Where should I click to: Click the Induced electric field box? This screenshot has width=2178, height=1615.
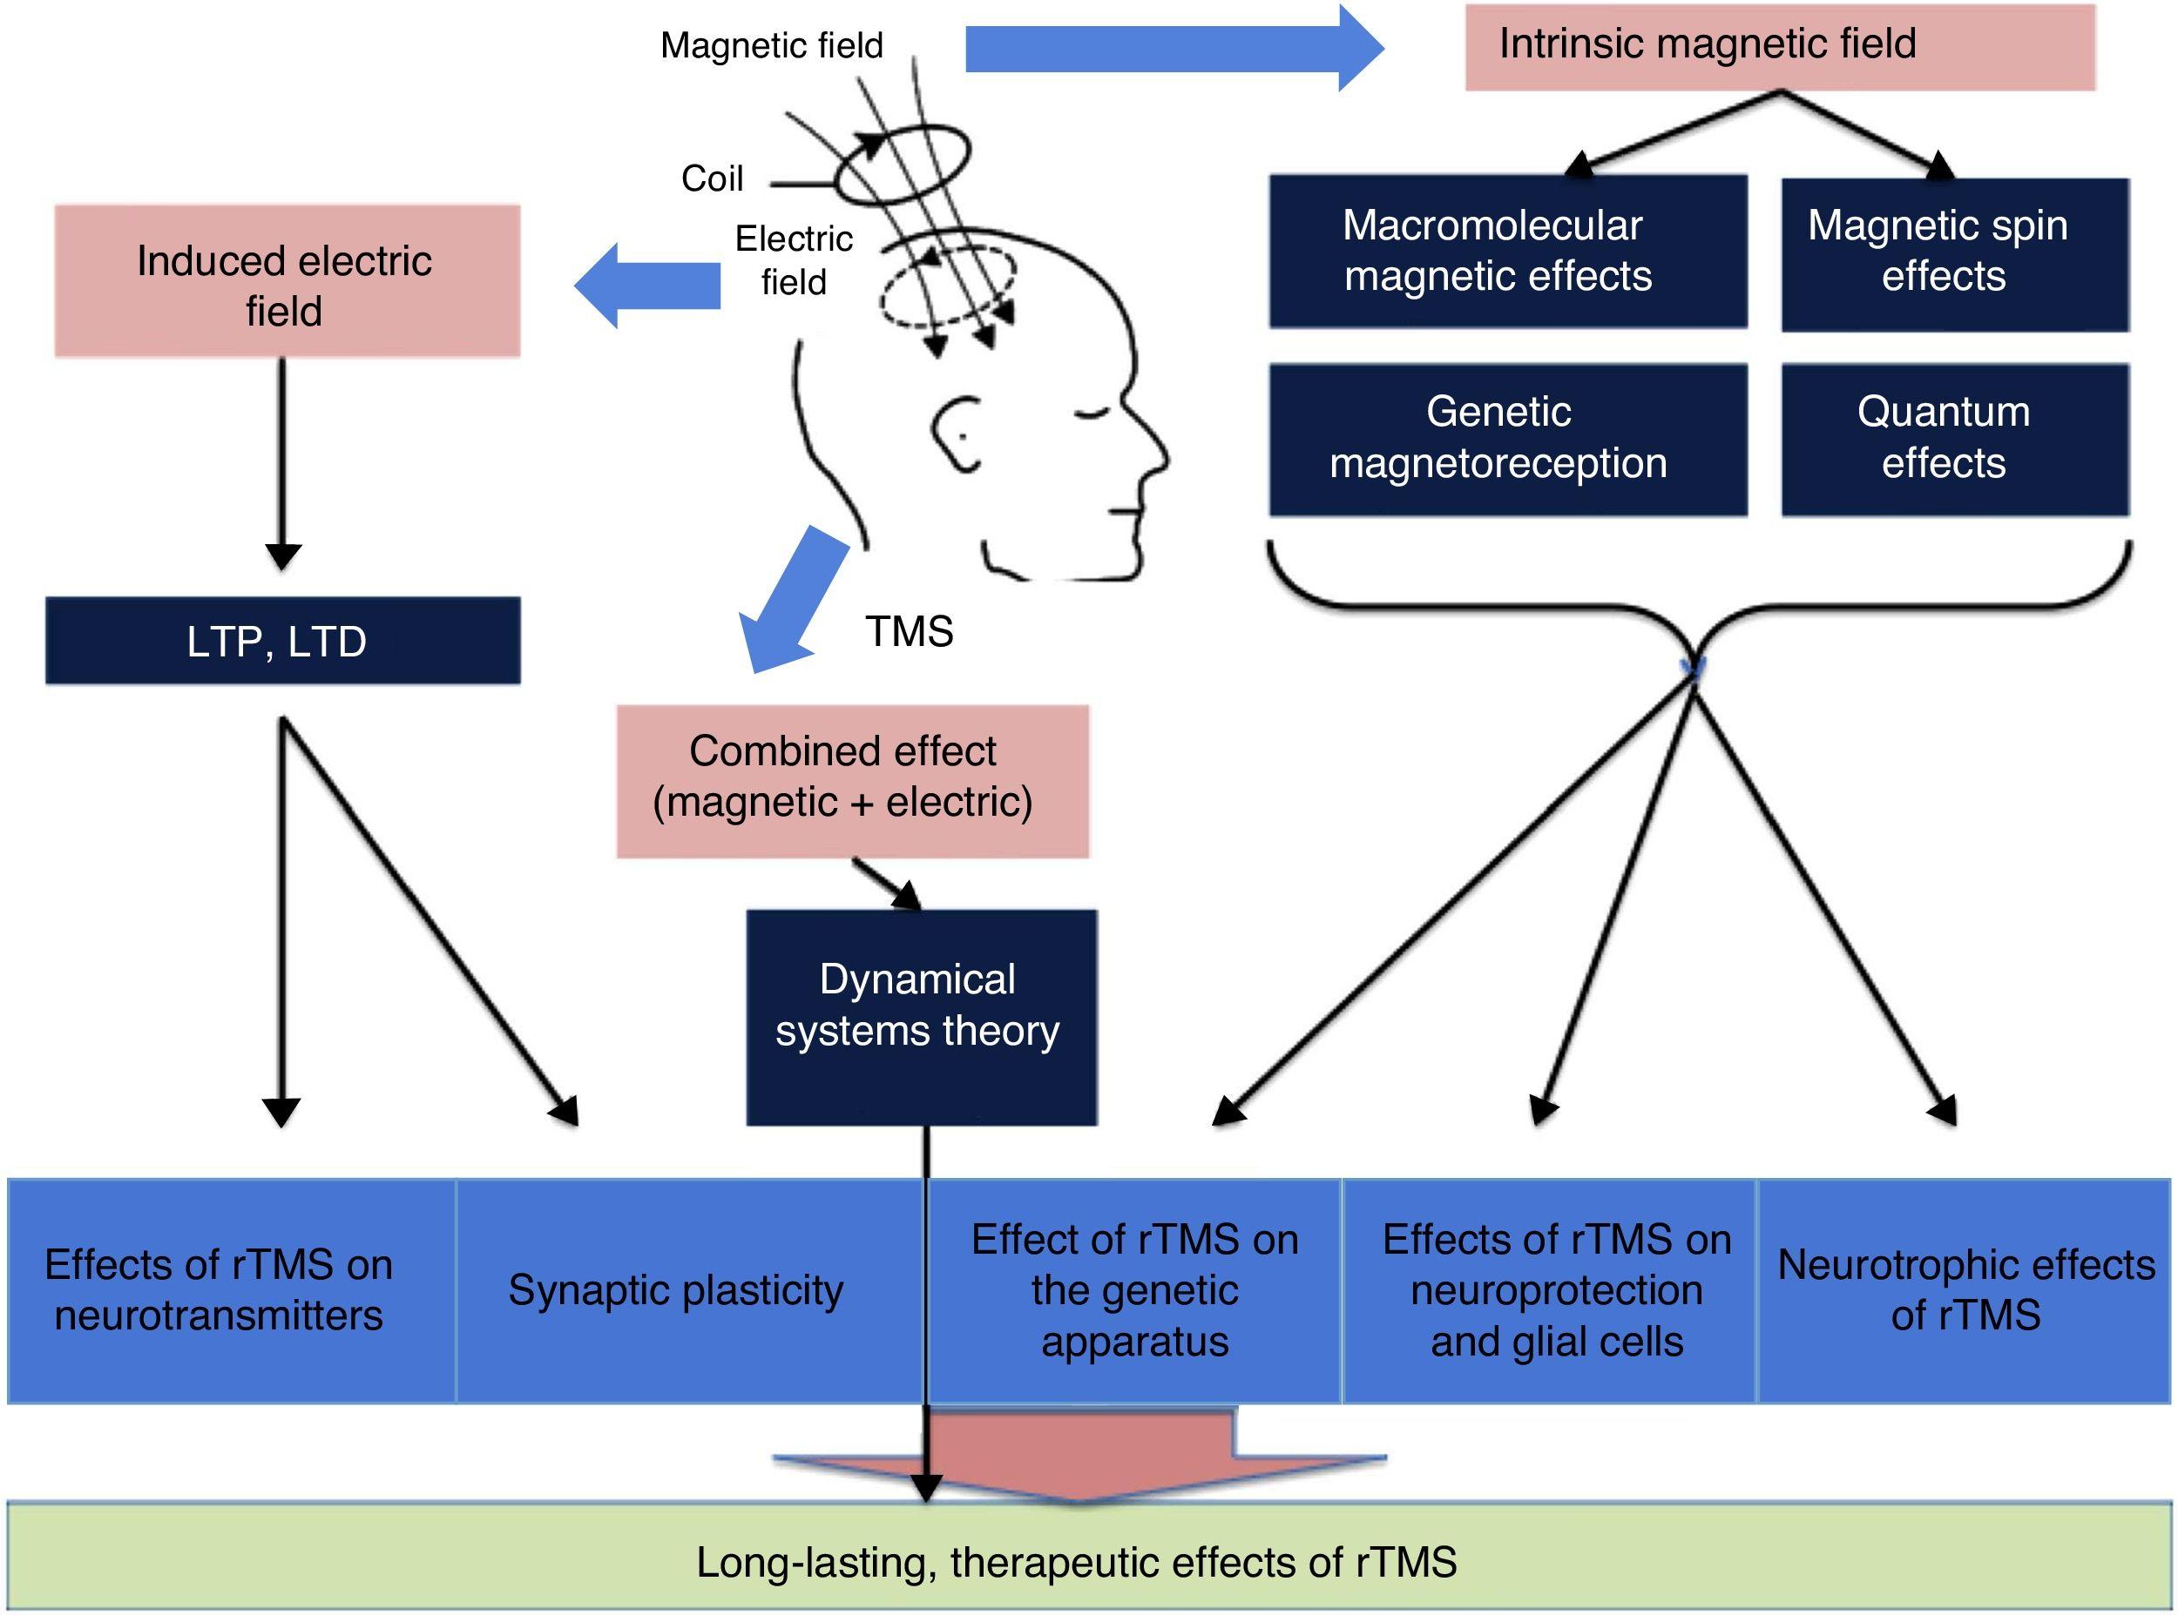(287, 281)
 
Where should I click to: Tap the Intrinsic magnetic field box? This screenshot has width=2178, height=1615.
(1779, 46)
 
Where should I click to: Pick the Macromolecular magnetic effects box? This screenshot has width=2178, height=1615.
(1507, 252)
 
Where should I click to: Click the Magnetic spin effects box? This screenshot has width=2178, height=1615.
(1954, 254)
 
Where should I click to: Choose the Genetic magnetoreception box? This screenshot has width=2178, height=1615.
(1507, 439)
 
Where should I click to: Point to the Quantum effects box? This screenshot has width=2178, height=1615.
(1954, 439)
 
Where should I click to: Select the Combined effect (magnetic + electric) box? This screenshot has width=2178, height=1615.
(852, 781)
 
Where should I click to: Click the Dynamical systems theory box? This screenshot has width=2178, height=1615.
(921, 1017)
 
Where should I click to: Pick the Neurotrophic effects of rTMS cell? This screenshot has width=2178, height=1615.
(1964, 1290)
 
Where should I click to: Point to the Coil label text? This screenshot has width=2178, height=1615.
(712, 178)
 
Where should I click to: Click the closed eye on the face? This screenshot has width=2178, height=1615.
(1088, 416)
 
